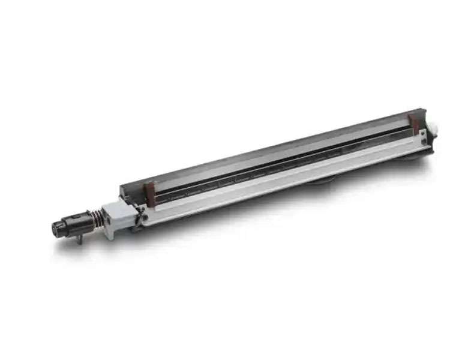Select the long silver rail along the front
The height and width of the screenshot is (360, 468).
click(270, 186)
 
